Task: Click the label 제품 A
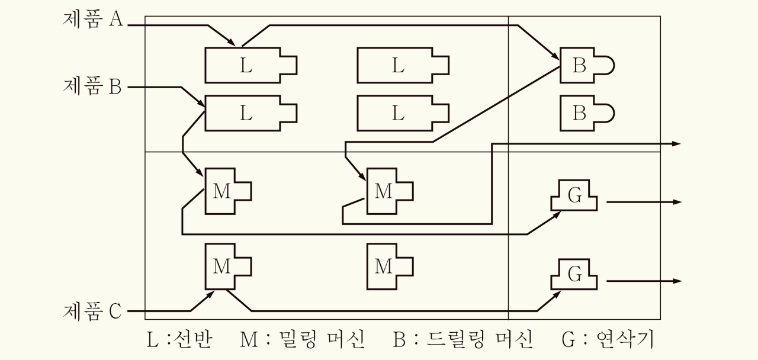92,20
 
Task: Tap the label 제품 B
92,87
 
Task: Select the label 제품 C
92,310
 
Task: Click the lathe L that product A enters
246,65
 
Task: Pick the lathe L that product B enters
246,112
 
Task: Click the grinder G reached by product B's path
574,197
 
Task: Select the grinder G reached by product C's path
574,274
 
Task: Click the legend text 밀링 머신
319,340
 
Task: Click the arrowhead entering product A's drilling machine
557,58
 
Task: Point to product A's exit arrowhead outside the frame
677,144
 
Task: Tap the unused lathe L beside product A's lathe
398,65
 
